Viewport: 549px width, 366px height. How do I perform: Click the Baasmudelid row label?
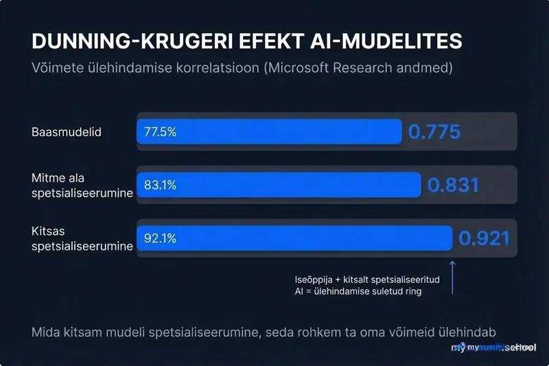click(67, 132)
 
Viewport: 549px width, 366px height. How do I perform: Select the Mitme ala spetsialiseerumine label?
click(82, 185)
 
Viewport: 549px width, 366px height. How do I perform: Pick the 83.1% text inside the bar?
click(160, 185)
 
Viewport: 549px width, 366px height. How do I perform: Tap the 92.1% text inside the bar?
click(160, 238)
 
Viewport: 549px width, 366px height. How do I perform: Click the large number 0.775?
click(434, 132)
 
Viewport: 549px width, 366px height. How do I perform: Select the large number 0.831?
click(453, 185)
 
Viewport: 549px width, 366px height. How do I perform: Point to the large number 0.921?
click(484, 238)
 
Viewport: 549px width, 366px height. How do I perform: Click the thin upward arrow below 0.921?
click(452, 277)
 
